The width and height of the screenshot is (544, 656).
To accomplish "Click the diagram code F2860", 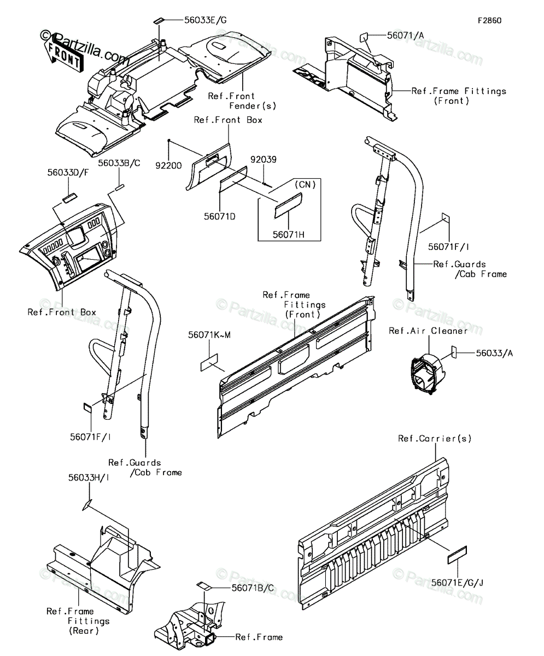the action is click(490, 21).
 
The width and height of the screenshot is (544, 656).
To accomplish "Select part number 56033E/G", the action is click(205, 20).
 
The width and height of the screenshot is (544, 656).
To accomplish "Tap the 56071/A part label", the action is click(406, 36).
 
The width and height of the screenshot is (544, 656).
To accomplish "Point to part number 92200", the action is click(168, 165).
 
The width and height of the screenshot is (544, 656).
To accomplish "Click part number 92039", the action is click(264, 159).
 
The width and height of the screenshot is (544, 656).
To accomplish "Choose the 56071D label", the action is click(220, 216).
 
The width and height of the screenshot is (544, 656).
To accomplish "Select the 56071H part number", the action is click(289, 235).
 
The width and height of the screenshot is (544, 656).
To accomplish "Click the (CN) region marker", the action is click(305, 184).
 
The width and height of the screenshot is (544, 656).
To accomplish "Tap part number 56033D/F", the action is click(68, 173).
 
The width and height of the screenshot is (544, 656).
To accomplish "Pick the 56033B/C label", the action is click(119, 163).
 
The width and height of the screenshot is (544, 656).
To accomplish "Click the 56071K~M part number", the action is click(209, 335).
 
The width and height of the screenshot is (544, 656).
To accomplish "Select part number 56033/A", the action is click(494, 353).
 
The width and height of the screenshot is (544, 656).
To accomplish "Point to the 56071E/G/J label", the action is click(457, 583).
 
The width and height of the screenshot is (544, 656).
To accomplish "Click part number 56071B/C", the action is click(253, 588).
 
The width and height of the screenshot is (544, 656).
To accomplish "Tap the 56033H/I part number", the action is click(89, 478).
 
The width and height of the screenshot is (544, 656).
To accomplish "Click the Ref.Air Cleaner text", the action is click(428, 331).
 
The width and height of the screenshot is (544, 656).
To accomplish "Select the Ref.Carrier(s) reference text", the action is click(435, 438).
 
